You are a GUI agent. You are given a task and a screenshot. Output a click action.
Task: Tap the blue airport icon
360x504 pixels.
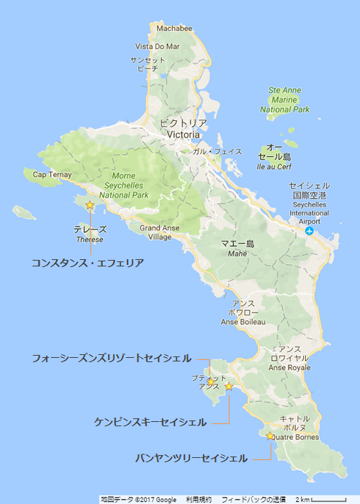[310, 231]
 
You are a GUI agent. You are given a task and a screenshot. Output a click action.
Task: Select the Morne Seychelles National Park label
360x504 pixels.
[124, 185]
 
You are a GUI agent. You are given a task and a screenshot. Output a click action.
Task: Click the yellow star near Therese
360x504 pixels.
[89, 205]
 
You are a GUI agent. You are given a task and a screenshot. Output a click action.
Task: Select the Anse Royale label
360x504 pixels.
[288, 367]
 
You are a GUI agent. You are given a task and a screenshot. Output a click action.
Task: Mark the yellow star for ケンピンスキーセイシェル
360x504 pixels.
[229, 387]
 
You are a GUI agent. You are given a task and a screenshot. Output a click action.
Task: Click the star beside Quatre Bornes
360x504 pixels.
[270, 436]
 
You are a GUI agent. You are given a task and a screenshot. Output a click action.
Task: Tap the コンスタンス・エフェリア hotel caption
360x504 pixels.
[88, 264]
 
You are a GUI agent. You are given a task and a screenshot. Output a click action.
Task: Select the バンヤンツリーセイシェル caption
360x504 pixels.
[192, 458]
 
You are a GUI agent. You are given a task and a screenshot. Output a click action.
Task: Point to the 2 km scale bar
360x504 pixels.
[332, 498]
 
